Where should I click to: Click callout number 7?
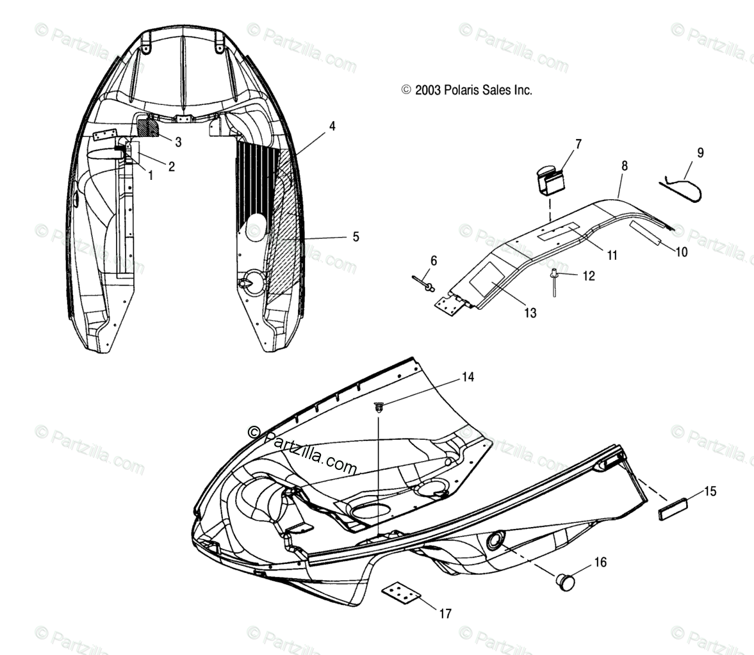coord(578,143)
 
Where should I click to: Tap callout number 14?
coord(468,377)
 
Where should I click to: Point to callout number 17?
coord(445,614)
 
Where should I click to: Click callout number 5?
coord(356,238)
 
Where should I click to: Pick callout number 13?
coord(530,313)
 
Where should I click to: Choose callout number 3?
coord(178,142)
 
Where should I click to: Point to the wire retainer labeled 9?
coord(682,190)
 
